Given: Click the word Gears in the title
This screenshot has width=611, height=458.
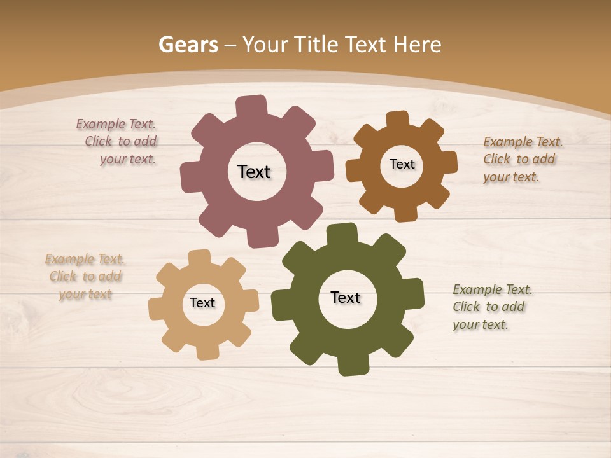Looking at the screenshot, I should click(x=188, y=45).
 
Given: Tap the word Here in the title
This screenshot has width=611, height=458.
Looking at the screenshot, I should click(x=417, y=45).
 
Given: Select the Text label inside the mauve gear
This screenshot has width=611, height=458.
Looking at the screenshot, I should click(x=254, y=172).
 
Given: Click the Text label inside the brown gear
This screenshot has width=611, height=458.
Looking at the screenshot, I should click(x=402, y=164).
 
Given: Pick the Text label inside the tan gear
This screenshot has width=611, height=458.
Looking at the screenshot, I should click(x=202, y=303).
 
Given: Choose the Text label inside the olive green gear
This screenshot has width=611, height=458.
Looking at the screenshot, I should click(x=346, y=297).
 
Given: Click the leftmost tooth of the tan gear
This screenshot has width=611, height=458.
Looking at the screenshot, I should click(x=157, y=308).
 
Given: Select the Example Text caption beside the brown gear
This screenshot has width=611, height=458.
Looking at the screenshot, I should click(x=523, y=160).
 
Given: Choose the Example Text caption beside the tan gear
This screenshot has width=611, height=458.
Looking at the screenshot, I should click(x=85, y=277).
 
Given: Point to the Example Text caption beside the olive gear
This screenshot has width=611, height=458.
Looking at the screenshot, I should click(x=493, y=307).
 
